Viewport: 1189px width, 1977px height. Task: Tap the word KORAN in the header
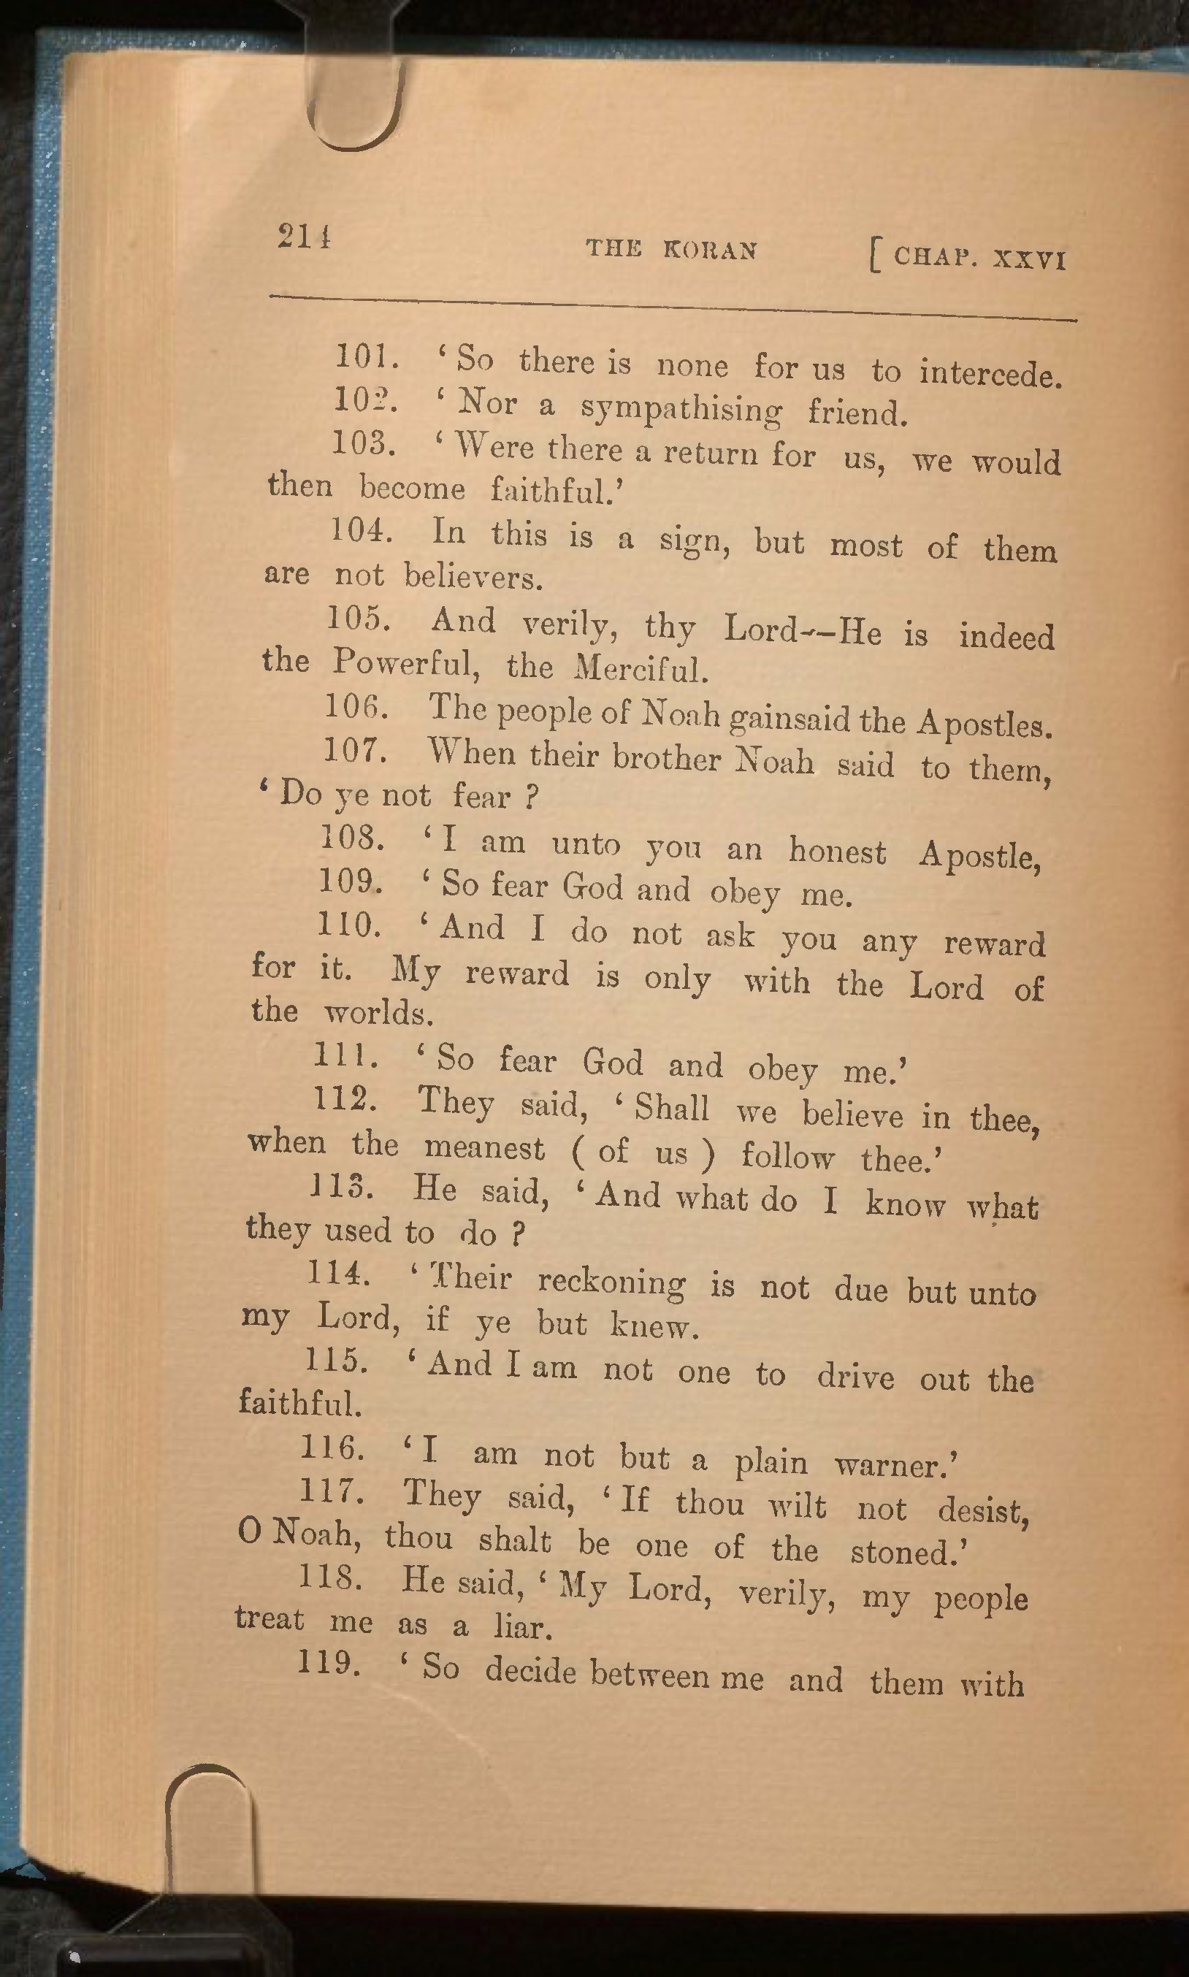(710, 251)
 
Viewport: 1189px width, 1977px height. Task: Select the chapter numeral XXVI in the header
(1029, 259)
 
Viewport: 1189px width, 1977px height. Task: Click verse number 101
(365, 356)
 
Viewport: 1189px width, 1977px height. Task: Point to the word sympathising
(680, 409)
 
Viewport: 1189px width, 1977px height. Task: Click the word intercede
(990, 373)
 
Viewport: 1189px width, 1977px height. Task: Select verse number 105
(357, 619)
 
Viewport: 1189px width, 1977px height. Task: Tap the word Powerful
(405, 662)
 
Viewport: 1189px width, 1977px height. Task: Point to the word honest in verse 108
(837, 851)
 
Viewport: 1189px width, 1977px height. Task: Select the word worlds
(378, 1014)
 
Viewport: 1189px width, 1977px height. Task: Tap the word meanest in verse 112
(484, 1148)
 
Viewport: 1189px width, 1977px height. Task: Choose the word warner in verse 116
(895, 1464)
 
